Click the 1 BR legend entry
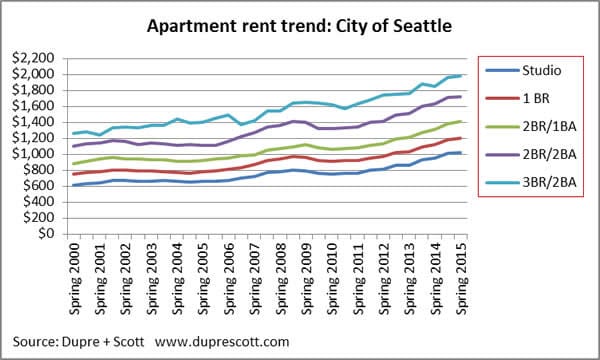[x=537, y=98]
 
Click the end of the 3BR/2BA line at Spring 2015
[x=460, y=75]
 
